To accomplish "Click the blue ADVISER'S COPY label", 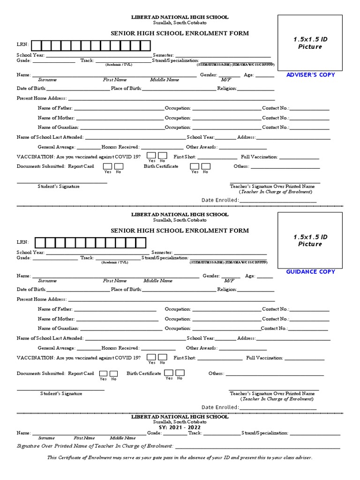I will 310,75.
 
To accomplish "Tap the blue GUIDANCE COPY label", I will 310,272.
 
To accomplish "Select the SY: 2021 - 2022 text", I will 180,428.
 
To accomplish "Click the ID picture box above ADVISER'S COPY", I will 310,43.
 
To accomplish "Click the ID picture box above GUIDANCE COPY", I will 310,240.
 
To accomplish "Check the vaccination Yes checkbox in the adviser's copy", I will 152,156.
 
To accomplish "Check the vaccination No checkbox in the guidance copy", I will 162,357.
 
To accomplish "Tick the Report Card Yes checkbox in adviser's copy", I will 108,166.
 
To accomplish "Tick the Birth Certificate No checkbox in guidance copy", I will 180,373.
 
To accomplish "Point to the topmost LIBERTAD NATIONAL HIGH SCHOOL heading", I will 180,17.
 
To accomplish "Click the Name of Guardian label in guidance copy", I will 58,329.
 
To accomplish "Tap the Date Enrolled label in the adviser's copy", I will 220,200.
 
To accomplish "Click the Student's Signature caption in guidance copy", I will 61,394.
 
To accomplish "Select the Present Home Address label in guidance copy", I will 41,299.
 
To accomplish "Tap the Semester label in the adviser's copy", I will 163,55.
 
